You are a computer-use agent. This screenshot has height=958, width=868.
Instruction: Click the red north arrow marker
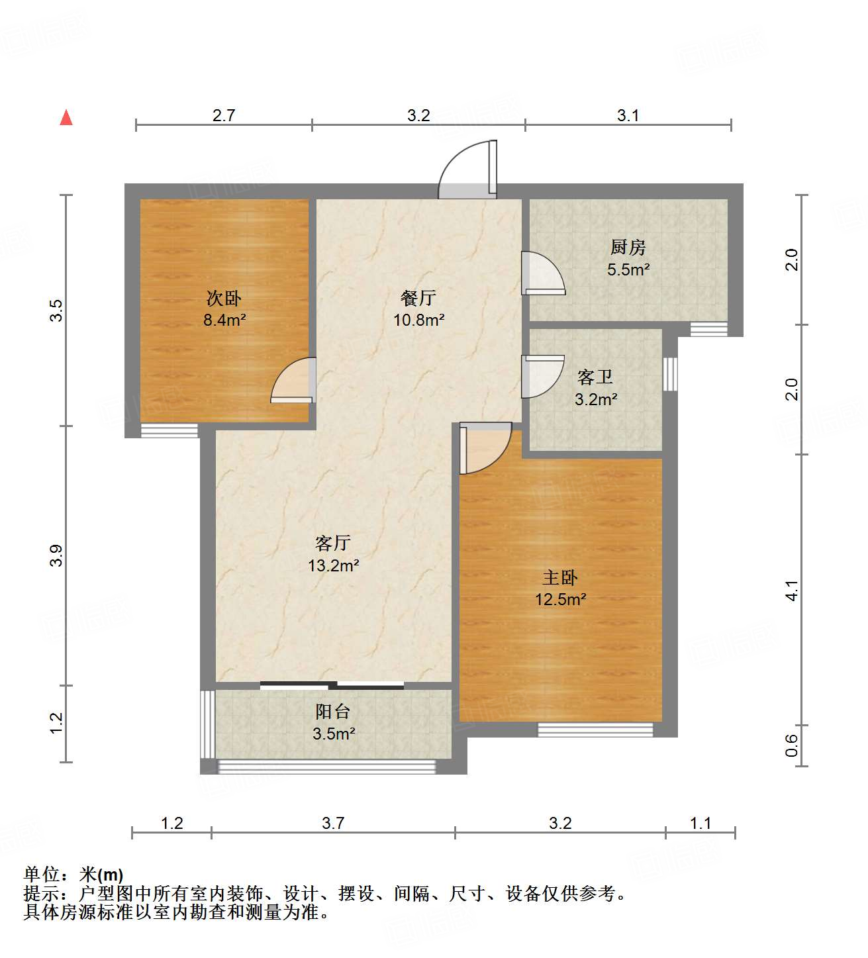pyautogui.click(x=66, y=118)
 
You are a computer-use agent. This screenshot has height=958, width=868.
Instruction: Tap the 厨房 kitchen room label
pyautogui.click(x=628, y=248)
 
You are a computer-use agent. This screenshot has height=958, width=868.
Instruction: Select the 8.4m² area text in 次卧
pyautogui.click(x=224, y=320)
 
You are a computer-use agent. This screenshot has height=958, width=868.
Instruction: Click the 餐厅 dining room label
pyautogui.click(x=418, y=298)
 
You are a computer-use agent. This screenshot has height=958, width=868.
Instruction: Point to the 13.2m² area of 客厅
pyautogui.click(x=333, y=565)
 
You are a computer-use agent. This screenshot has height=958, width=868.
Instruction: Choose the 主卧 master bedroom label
pyautogui.click(x=560, y=577)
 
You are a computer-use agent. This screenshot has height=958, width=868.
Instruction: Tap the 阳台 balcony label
pyautogui.click(x=332, y=712)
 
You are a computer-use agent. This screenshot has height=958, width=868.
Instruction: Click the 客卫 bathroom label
pyautogui.click(x=595, y=377)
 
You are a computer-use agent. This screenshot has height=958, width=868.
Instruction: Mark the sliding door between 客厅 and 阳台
pyautogui.click(x=332, y=685)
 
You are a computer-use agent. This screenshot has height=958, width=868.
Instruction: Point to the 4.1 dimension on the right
pyautogui.click(x=792, y=591)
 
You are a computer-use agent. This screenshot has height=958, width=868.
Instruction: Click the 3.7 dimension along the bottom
pyautogui.click(x=333, y=823)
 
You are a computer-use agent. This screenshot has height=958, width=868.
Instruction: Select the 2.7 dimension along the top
pyautogui.click(x=224, y=115)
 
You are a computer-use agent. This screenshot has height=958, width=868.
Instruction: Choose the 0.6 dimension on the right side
pyautogui.click(x=792, y=746)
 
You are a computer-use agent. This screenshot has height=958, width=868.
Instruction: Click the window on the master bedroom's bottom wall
pyautogui.click(x=595, y=730)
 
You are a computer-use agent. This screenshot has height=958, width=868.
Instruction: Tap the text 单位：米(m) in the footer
pyautogui.click(x=73, y=875)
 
